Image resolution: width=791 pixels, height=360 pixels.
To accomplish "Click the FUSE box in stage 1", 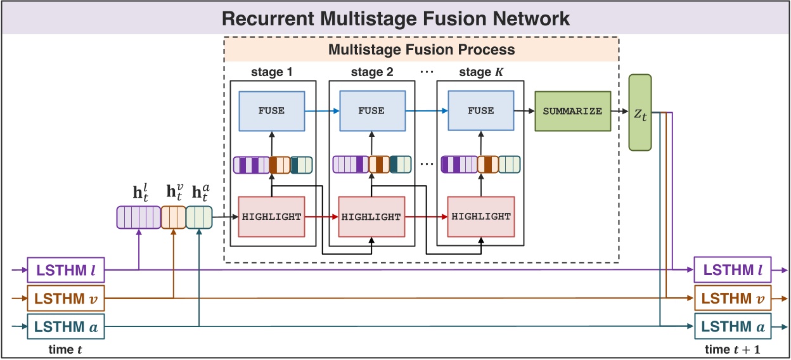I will pyautogui.click(x=271, y=111).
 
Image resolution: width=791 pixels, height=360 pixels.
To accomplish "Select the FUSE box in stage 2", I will pyautogui.click(x=371, y=111).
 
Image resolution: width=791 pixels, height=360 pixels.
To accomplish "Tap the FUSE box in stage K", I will pyautogui.click(x=480, y=111).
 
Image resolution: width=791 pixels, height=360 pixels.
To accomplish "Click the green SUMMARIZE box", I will pyautogui.click(x=572, y=111).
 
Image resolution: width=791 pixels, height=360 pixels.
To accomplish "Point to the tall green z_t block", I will pyautogui.click(x=640, y=112).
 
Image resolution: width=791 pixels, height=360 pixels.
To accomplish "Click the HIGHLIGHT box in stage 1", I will pyautogui.click(x=271, y=217).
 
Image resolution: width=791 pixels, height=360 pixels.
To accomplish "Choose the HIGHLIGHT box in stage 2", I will pyautogui.click(x=371, y=217).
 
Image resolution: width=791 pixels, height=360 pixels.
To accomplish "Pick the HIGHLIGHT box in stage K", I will pyautogui.click(x=480, y=217).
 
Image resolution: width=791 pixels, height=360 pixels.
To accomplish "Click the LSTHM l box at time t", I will pyautogui.click(x=65, y=271).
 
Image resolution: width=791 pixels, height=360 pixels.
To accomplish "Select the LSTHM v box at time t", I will pyautogui.click(x=65, y=299).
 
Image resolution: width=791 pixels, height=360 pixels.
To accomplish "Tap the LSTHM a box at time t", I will pyautogui.click(x=65, y=327).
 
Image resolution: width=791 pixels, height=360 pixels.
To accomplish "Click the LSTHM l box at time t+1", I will pyautogui.click(x=733, y=271).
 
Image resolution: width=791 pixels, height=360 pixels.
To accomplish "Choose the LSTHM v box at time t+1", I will pyautogui.click(x=733, y=299).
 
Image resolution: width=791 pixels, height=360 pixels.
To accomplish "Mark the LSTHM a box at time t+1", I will pyautogui.click(x=733, y=327).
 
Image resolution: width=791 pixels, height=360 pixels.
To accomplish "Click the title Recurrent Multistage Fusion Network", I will pyautogui.click(x=395, y=18).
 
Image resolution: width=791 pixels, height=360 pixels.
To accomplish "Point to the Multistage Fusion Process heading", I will pyautogui.click(x=421, y=49).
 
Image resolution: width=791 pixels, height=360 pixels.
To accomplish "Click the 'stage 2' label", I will pyautogui.click(x=372, y=72).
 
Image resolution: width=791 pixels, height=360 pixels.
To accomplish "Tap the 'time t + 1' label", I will pyautogui.click(x=733, y=349).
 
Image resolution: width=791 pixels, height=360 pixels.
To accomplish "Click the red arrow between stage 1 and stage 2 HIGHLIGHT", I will pyautogui.click(x=321, y=217).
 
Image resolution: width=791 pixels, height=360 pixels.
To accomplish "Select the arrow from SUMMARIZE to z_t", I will pyautogui.click(x=620, y=111).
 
